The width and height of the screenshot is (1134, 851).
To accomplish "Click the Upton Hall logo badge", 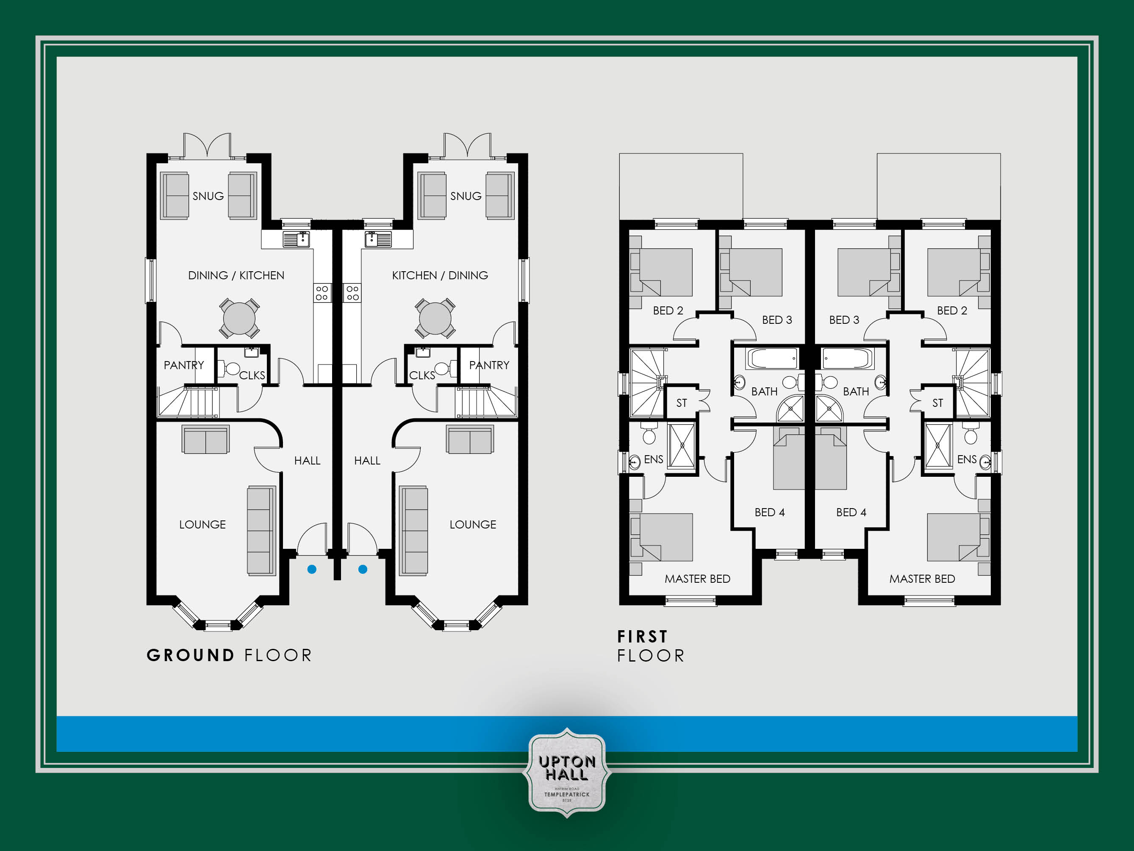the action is tap(566, 772).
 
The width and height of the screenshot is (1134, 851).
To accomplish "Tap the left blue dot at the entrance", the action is tap(312, 569).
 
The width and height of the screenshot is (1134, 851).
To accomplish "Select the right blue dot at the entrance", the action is tap(363, 569).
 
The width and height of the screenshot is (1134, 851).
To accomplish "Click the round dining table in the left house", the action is tap(239, 318).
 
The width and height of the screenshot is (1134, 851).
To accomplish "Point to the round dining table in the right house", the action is tap(435, 318).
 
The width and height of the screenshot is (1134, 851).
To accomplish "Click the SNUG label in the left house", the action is tap(208, 196).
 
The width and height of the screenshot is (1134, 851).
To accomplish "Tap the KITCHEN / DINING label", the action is tap(440, 275).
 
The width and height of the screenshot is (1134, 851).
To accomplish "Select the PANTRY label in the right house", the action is tap(489, 365).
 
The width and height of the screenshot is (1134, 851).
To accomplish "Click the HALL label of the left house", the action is tap(307, 461).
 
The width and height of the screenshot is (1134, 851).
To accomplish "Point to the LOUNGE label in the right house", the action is tap(473, 524).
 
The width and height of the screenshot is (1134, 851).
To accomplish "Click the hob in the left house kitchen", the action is tap(322, 293).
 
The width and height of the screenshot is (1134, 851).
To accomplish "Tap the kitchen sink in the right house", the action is tap(378, 239).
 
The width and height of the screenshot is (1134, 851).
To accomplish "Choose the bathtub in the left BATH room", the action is tap(772, 358).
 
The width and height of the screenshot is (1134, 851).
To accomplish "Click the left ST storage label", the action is tap(681, 403).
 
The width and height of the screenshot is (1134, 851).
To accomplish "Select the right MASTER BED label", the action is tap(922, 578).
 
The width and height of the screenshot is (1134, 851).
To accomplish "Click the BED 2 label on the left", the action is tap(668, 310).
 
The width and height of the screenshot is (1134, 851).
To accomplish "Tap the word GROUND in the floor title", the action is tap(191, 655).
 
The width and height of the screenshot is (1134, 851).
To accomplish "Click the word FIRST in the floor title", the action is tap(642, 637).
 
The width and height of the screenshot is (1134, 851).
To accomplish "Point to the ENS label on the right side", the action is tap(966, 459).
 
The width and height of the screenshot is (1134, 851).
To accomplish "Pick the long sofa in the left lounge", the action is tap(261, 531).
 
